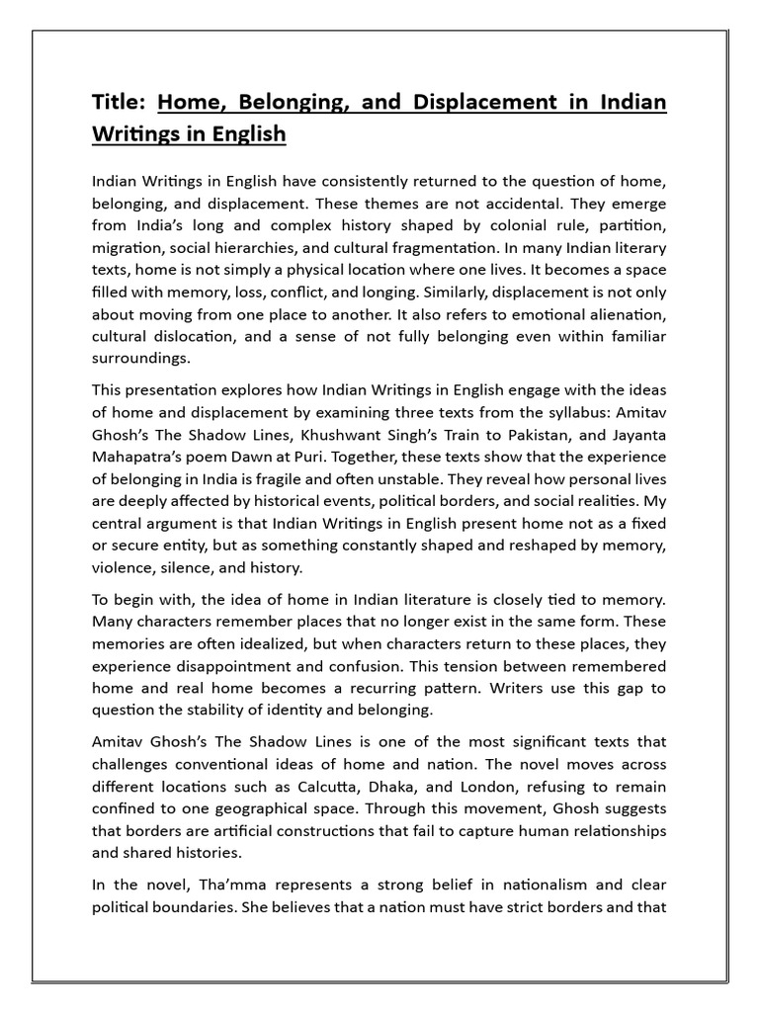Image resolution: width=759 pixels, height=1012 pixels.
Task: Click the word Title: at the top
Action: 119,102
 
